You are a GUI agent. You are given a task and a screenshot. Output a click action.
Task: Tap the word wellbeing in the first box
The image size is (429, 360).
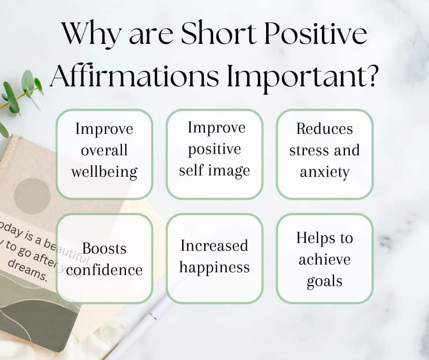pos(105,172)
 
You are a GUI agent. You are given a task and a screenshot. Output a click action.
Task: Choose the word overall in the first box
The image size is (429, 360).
pos(105,150)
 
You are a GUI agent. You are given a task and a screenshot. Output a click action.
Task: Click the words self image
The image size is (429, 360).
pos(214,170)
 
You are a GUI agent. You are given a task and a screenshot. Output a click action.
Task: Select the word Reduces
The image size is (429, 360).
pos(324,128)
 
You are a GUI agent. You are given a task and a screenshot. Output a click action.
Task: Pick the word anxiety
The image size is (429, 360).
pos(324,172)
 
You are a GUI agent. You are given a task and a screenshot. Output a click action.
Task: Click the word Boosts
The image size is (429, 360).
pos(105,249)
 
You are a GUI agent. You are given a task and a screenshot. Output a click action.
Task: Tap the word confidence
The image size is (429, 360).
pos(105,270)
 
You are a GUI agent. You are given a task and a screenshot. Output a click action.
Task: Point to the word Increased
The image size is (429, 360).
pos(214,246)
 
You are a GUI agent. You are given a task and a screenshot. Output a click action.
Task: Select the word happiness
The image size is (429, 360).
pos(214,267)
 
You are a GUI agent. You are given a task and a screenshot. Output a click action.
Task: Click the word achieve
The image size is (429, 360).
pos(324,259)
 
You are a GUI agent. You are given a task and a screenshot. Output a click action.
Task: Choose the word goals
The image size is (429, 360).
pos(324,281)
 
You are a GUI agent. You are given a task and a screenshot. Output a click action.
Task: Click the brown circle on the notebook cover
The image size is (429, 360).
pos(31,195)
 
